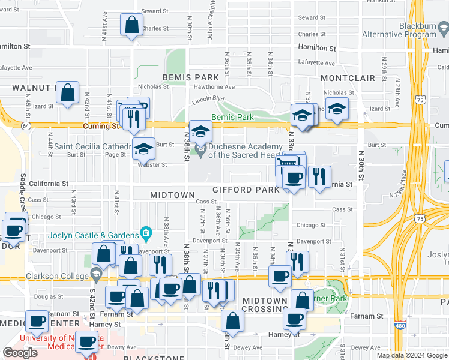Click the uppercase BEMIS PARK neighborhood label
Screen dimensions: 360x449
191,78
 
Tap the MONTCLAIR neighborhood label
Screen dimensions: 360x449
348,79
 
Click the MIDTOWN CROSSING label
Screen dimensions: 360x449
265,305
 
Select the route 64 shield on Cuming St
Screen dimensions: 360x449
26,126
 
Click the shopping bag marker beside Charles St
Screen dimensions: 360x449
131,25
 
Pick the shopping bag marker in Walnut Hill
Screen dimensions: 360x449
68,93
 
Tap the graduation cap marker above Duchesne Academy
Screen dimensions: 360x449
201,131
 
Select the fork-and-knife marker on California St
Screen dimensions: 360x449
319,176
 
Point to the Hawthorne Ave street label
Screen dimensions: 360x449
214,86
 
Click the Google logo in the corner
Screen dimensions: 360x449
20,352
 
